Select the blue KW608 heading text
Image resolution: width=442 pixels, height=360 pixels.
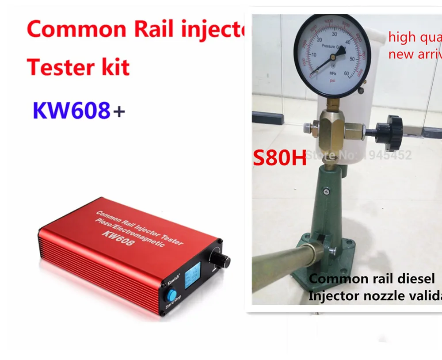pos(71,111)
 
